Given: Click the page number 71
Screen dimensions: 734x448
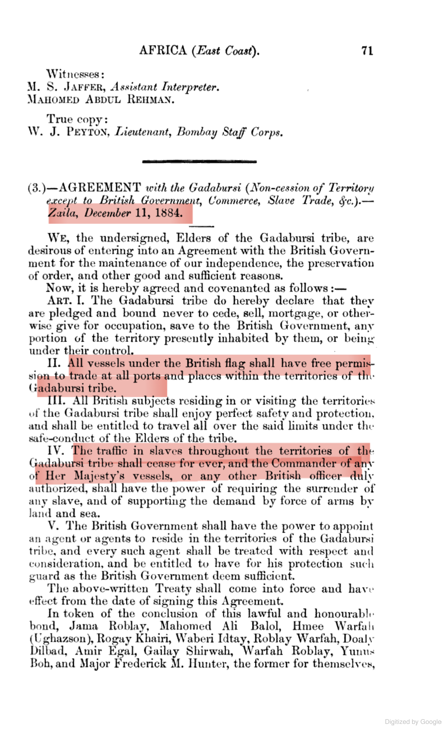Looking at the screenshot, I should tap(367, 51).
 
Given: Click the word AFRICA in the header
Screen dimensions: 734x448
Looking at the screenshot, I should tap(163, 50).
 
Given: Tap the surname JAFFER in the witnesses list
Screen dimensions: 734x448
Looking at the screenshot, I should tap(84, 87).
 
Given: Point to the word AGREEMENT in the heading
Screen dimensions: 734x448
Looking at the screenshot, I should tap(100, 188).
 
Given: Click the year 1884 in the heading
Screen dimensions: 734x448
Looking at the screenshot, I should tap(168, 213).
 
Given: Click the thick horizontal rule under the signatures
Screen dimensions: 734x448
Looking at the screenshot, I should tap(199, 162).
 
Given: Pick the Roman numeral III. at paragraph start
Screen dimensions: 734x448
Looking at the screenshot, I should tap(56, 401).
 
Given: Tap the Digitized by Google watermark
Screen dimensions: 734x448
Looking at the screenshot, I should tap(413, 722).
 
